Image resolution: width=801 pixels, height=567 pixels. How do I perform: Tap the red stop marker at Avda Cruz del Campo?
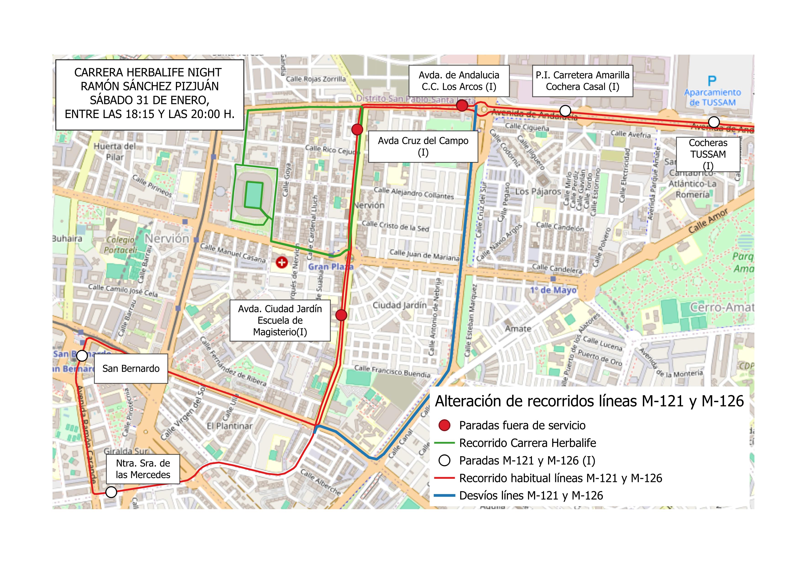coord(357,130)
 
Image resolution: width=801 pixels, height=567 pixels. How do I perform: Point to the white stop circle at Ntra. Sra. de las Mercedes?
coord(111,492)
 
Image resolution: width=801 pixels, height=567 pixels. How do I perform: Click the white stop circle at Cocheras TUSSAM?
coord(714,122)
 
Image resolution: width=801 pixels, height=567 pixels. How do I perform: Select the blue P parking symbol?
coord(712,81)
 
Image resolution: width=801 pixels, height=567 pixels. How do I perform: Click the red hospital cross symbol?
coord(282,262)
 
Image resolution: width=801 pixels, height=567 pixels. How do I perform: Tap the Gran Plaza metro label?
coord(330,267)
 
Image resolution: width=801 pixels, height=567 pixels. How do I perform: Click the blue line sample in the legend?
coord(444,495)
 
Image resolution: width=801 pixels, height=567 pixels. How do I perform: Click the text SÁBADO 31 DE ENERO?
coord(150,100)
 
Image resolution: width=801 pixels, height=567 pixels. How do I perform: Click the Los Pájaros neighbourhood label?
coord(538,191)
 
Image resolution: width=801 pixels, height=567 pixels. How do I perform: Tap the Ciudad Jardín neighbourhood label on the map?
coord(399,305)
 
